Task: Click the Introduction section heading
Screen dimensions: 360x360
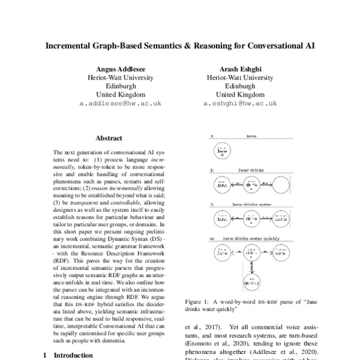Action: pyautogui.click(x=70, y=355)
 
